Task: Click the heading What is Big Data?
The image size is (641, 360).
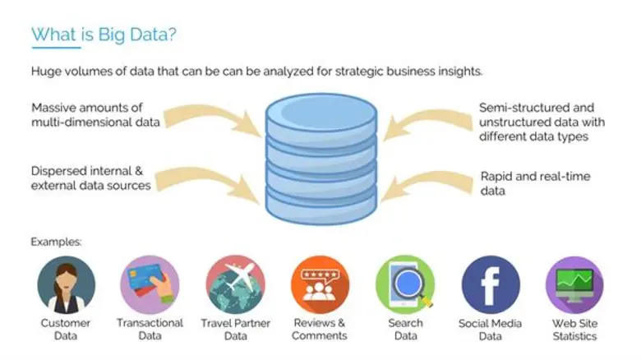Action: click(x=103, y=35)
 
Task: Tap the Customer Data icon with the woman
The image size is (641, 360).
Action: click(x=66, y=284)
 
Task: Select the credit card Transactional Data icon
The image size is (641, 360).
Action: click(x=150, y=284)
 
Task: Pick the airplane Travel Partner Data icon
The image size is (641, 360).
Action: click(x=235, y=284)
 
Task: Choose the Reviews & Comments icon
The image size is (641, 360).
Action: click(x=320, y=284)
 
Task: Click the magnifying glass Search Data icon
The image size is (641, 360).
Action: click(x=405, y=284)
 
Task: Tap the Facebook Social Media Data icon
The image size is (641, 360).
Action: click(x=491, y=284)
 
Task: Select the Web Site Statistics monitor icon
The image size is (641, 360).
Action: click(x=574, y=284)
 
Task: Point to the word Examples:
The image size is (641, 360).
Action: click(x=58, y=242)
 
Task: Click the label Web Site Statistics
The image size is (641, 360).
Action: click(x=574, y=330)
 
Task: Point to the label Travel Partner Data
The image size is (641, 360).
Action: click(x=235, y=330)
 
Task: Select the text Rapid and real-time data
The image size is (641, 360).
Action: click(x=534, y=183)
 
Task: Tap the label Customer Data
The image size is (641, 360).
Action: click(x=66, y=330)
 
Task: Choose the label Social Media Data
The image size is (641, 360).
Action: click(x=491, y=330)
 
